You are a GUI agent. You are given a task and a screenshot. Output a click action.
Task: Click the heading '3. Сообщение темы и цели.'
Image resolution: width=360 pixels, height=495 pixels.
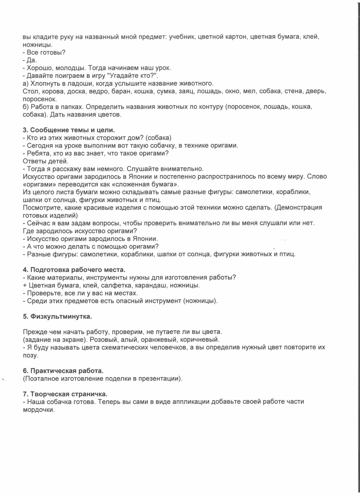coord(69,130)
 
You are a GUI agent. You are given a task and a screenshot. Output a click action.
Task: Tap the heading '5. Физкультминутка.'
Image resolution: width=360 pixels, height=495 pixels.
coord(57,316)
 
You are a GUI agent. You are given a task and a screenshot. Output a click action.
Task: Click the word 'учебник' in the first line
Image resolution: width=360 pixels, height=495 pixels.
coord(181,37)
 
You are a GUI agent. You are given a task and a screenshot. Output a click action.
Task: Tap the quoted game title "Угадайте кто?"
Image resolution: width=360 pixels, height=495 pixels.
coord(134,76)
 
